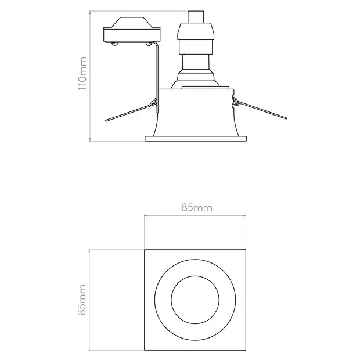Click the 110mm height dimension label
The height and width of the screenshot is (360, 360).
[82, 73]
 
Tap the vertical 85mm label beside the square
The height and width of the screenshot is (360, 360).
[82, 300]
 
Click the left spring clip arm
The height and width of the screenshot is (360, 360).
[131, 113]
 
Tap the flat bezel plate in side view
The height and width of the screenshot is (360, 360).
[196, 138]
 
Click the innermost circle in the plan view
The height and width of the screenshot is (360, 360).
[195, 300]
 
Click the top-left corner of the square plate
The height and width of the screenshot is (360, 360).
[145, 250]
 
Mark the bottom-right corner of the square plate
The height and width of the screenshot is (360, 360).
[246, 350]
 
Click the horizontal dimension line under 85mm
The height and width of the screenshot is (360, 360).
[196, 216]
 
